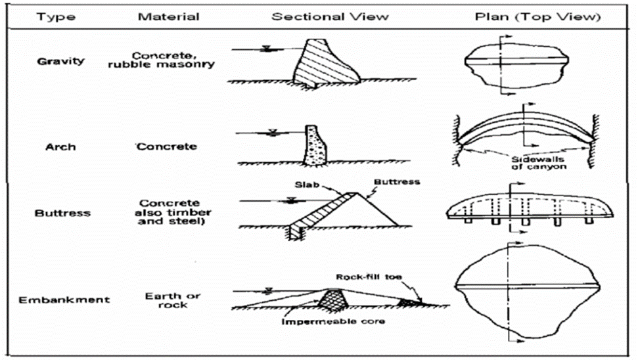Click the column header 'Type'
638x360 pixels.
pyautogui.click(x=56, y=17)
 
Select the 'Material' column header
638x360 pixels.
pyautogui.click(x=168, y=16)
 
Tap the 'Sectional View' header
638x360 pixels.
pyautogui.click(x=330, y=16)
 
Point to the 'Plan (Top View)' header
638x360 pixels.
pyautogui.click(x=538, y=17)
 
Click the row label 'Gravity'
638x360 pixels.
pyautogui.click(x=60, y=61)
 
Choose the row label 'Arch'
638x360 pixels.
pyautogui.click(x=60, y=147)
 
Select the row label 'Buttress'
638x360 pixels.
pyautogui.click(x=62, y=213)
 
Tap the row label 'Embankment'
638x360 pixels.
pyautogui.click(x=64, y=300)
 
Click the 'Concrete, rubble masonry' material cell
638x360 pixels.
pyautogui.click(x=161, y=60)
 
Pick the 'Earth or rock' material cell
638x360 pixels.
pyautogui.click(x=173, y=300)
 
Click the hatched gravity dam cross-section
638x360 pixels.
pyautogui.click(x=325, y=63)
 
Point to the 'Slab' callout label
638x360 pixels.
pyautogui.click(x=307, y=185)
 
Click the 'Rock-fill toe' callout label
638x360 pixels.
pyautogui.click(x=369, y=277)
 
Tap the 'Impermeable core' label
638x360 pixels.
pyautogui.click(x=333, y=321)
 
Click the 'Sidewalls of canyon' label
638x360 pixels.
pyautogui.click(x=538, y=163)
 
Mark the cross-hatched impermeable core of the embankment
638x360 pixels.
pyautogui.click(x=333, y=300)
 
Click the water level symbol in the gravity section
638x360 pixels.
pyautogui.click(x=267, y=49)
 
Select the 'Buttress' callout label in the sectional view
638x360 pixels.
pyautogui.click(x=397, y=182)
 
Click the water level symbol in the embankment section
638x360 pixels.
pyautogui.click(x=268, y=290)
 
